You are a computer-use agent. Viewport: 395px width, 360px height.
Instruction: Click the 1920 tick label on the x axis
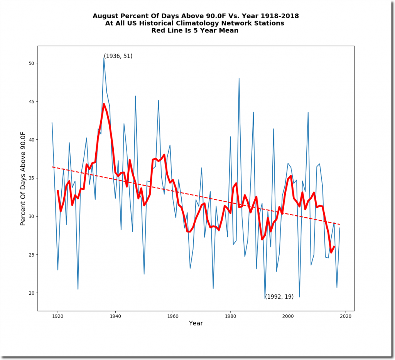[x=58, y=316]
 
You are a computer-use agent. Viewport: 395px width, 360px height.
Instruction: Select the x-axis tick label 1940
[x=115, y=316]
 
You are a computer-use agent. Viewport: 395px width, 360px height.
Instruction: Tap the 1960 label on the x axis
[x=173, y=316]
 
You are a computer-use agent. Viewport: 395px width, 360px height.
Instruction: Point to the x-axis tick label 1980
[x=230, y=316]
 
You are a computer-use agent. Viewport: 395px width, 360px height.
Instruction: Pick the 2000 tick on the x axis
[x=288, y=316]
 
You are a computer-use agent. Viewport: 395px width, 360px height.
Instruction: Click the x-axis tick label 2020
[x=346, y=316]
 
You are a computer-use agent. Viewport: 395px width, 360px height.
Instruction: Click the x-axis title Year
[x=196, y=323]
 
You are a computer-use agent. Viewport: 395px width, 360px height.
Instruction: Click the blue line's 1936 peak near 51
[x=104, y=58]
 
